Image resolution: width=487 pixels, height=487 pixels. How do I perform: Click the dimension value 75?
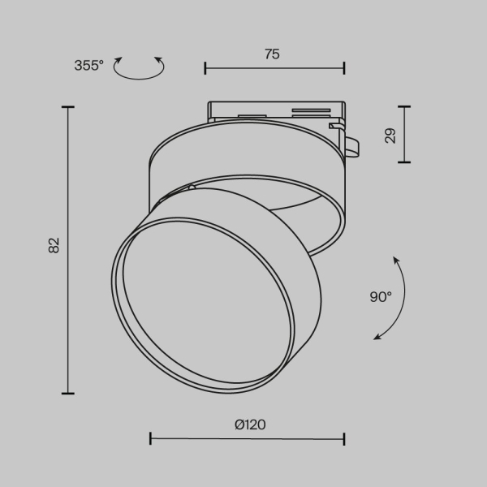tap(272, 54)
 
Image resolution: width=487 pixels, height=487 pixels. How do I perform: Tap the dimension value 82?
tap(54, 245)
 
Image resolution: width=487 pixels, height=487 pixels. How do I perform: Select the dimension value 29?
tap(390, 135)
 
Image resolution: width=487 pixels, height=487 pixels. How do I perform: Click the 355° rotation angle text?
tap(89, 66)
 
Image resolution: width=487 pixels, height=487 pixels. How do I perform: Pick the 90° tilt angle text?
tap(381, 297)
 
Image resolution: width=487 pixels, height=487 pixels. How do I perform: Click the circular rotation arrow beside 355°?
tap(138, 68)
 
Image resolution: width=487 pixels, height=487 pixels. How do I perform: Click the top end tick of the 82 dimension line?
tap(67, 106)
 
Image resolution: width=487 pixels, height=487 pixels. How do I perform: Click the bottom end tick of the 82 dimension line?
tap(67, 394)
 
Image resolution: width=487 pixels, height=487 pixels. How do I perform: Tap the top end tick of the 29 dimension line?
tap(404, 106)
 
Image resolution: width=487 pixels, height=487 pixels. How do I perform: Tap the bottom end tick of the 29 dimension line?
tap(404, 162)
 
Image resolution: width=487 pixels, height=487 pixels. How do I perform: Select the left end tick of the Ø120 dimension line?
tap(151, 439)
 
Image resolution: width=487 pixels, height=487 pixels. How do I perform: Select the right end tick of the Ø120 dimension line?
tap(345, 439)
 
